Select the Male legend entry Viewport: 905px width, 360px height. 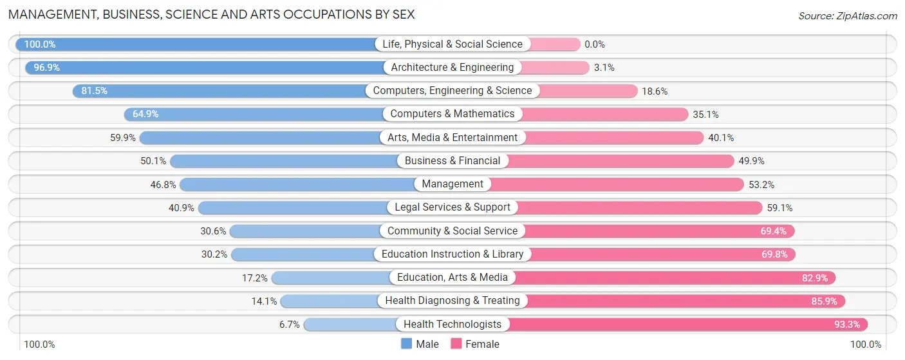click(420, 344)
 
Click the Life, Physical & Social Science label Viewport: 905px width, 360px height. click(452, 44)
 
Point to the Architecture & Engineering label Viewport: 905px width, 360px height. click(452, 67)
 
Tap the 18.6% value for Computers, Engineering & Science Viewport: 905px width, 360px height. click(655, 91)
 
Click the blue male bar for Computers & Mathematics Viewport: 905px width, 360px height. click(257, 114)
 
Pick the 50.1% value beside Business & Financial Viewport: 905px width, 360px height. click(153, 161)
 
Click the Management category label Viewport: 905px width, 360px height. click(452, 184)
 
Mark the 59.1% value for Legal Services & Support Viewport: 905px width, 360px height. click(779, 207)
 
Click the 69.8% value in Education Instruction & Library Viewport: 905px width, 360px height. click(774, 254)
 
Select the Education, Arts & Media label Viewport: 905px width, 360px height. click(452, 278)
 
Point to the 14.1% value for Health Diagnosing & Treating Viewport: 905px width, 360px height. click(264, 301)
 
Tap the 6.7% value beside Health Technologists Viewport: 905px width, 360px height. click(289, 325)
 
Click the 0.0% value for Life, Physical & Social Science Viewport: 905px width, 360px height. click(595, 44)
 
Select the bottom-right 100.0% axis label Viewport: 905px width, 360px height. click(866, 345)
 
